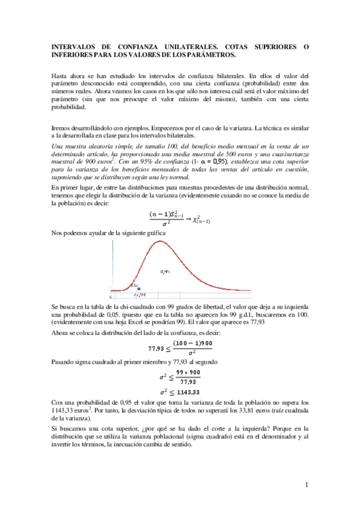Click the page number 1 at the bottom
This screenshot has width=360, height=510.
coord(306,484)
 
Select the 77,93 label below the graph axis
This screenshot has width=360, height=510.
coord(140,295)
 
